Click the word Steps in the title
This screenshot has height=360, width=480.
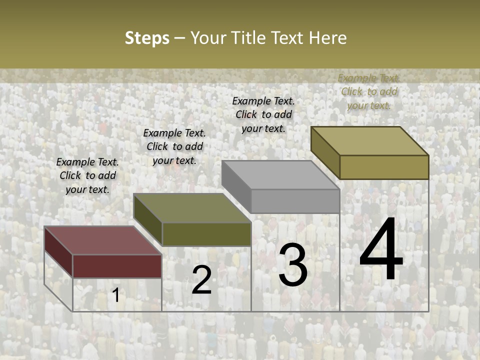click(147, 38)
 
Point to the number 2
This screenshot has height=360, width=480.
click(201, 280)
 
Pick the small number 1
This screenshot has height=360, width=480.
click(116, 295)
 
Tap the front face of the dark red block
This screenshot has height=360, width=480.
click(117, 266)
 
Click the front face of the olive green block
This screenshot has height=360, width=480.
click(206, 234)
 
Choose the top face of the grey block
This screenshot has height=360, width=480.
click(280, 175)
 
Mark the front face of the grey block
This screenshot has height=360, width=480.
click(295, 201)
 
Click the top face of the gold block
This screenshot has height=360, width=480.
click(369, 141)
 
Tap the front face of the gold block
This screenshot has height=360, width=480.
click(384, 167)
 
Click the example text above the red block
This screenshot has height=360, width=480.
click(87, 175)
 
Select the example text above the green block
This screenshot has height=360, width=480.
click(174, 146)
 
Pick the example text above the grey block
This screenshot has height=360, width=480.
click(263, 114)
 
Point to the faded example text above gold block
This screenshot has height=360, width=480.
click(369, 91)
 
